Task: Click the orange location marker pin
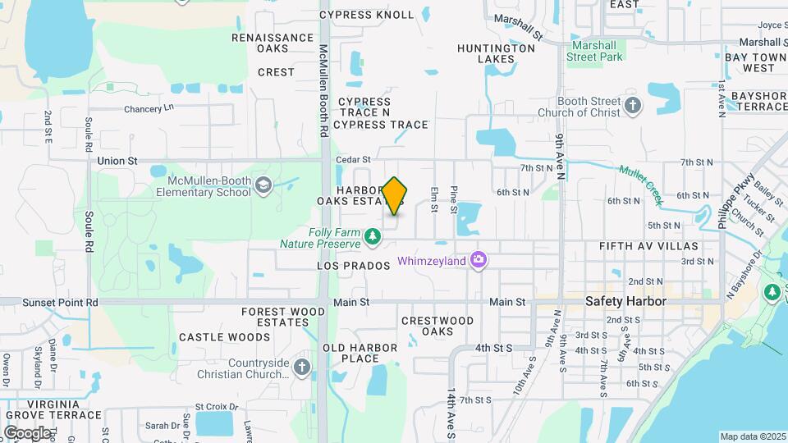point(395,195)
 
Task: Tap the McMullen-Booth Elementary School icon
point(263,186)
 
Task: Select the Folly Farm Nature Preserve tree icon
point(373,237)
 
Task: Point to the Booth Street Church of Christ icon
point(632,106)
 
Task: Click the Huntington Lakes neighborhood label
point(496,53)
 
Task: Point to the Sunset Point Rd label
point(60,303)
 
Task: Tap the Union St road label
point(117,161)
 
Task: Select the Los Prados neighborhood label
point(351,267)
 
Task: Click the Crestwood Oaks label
point(438,326)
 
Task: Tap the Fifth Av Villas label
point(648,246)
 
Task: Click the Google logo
point(27,432)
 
